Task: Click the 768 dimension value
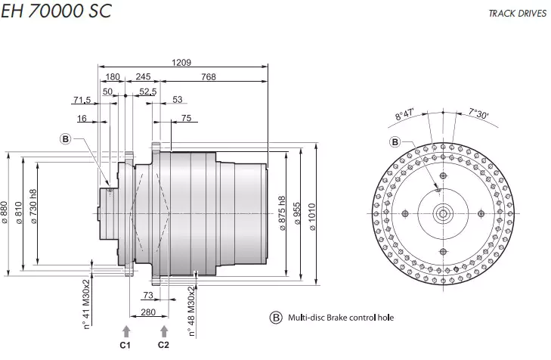pos(211,77)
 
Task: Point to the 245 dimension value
pos(144,77)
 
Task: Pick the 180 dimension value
pos(113,77)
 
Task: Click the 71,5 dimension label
pos(82,100)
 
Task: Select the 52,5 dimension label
pos(148,92)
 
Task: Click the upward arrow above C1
pos(125,330)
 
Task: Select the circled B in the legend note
pos(276,318)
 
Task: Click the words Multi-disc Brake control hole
pos(341,318)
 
